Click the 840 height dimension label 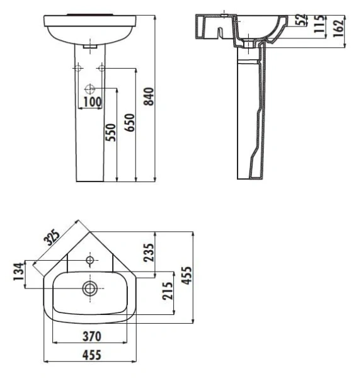click(149, 95)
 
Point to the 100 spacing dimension click(92, 101)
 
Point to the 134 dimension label click(18, 273)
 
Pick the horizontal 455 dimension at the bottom click(92, 356)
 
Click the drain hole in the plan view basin click(90, 288)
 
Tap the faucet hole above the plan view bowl click(90, 260)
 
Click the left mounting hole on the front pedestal click(78, 67)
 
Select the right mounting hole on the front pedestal click(101, 67)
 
